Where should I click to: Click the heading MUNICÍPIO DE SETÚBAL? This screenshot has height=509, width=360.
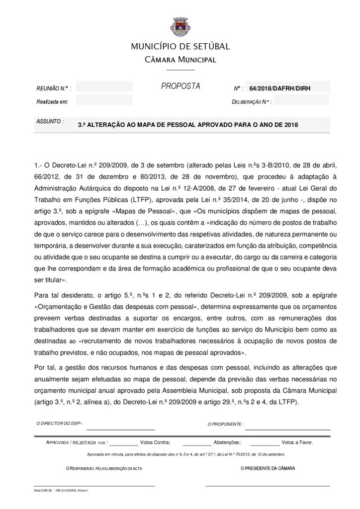pos(180,47)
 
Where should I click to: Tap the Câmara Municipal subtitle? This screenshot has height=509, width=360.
pos(180,60)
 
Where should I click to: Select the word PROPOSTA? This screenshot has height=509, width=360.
pos(180,86)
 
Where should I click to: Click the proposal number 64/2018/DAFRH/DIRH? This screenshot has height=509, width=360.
pos(280,88)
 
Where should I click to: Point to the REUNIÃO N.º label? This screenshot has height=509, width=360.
pos(53,88)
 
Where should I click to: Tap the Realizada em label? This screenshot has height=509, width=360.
pos(52,101)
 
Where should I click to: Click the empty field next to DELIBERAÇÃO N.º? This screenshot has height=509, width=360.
pos(302,101)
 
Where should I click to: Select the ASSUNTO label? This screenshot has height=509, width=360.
pos(49,121)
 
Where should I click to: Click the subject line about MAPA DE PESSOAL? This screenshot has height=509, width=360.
pos(188,125)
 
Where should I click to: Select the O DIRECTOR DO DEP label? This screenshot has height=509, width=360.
pos(60,424)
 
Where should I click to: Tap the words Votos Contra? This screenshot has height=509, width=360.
pos(155,442)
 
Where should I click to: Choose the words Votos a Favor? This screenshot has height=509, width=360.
pos(297,442)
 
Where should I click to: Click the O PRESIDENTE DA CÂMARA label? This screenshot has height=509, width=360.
pos(268,468)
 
